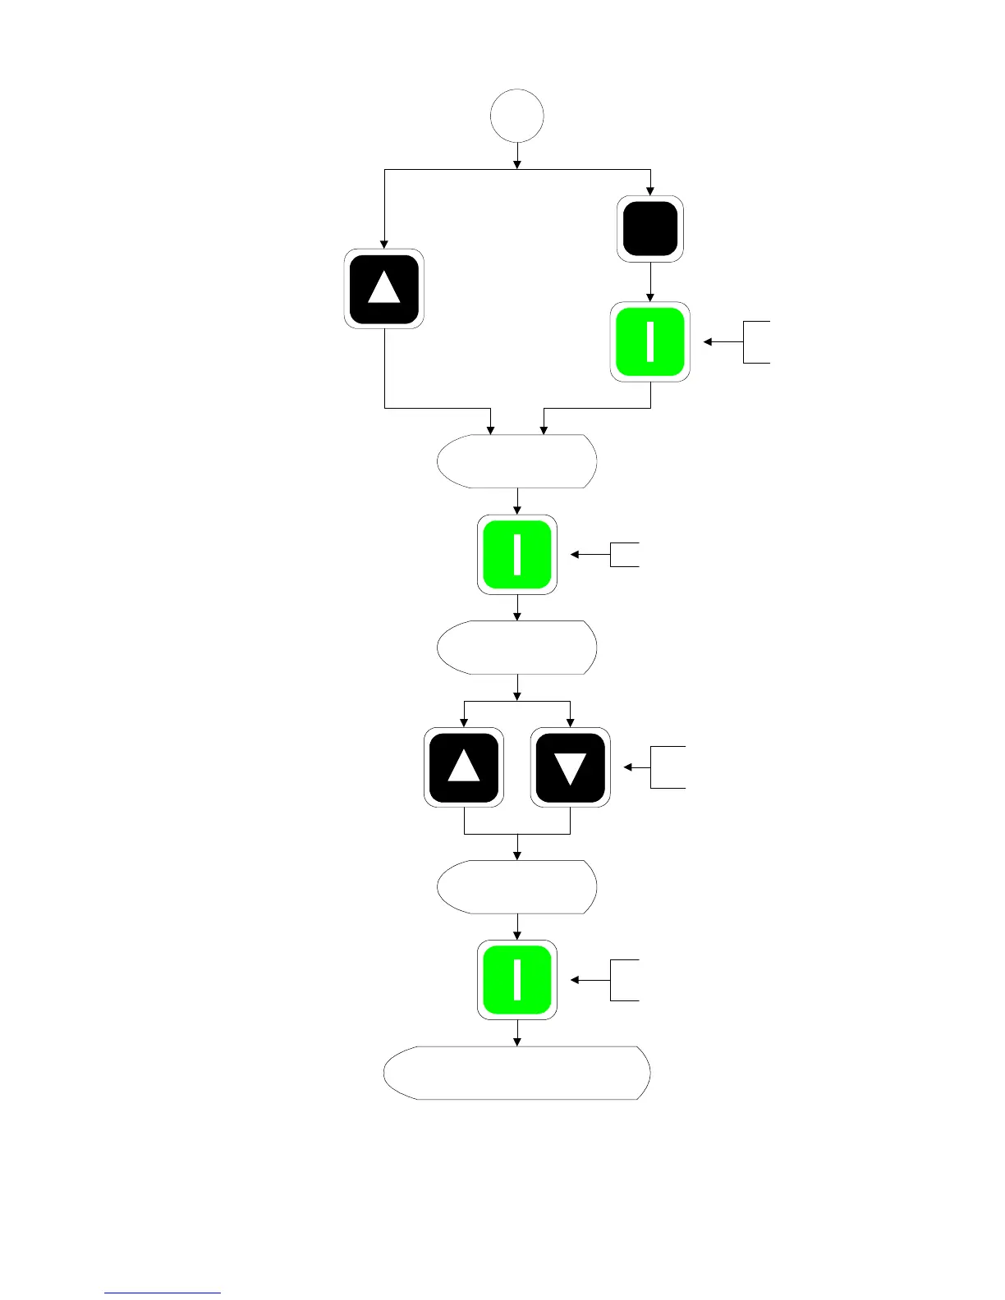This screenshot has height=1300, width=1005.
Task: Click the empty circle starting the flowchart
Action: coord(517,116)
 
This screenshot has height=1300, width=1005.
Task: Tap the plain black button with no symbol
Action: coord(650,229)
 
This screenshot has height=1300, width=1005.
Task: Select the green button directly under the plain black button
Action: coord(650,342)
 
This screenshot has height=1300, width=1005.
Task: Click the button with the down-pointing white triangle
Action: coord(571,767)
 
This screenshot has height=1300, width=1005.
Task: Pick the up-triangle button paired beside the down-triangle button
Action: coord(464,767)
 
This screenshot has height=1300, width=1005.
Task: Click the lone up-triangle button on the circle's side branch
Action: coord(384,289)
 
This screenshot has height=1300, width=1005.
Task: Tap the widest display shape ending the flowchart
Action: coord(517,1073)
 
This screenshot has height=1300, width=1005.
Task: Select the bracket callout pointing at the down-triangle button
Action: coord(667,767)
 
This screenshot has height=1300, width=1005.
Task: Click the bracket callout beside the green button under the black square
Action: coord(755,341)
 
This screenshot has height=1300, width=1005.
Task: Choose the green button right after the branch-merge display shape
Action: coord(517,555)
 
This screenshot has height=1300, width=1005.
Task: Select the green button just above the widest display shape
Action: coord(517,980)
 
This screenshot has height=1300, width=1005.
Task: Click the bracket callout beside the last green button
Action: coord(624,980)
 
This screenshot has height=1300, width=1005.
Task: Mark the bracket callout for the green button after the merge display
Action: coord(624,555)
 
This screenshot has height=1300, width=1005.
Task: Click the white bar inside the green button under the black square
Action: coord(650,342)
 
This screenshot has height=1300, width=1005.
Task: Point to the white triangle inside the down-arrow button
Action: coord(571,768)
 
